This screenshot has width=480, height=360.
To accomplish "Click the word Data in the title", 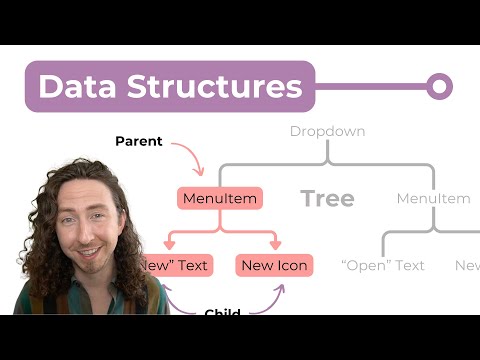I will click(x=72, y=87).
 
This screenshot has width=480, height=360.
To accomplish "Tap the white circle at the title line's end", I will click(x=439, y=87).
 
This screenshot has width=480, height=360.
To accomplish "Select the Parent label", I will click(x=138, y=141).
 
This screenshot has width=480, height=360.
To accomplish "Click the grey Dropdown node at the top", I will click(x=327, y=131).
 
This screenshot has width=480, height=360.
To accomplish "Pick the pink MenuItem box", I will click(x=219, y=198).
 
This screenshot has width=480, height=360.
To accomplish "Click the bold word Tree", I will click(x=328, y=198).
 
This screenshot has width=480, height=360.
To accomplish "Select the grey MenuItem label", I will click(x=433, y=198).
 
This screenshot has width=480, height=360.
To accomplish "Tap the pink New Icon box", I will click(x=274, y=265).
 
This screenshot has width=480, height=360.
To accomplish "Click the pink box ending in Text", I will click(x=179, y=265).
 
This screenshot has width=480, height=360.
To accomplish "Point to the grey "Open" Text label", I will click(x=382, y=265).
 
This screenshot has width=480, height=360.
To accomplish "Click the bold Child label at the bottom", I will click(x=221, y=312).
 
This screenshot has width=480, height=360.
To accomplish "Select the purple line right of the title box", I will click(x=370, y=87).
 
